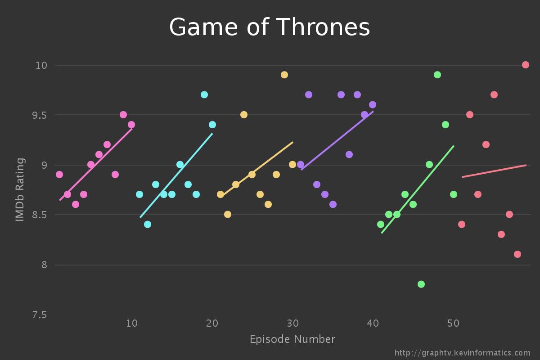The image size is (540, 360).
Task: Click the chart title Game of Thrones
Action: point(270,27)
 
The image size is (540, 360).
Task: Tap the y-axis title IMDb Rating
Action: point(20,189)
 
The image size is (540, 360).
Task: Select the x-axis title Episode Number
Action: point(292,339)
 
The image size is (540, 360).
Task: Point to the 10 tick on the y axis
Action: point(41,65)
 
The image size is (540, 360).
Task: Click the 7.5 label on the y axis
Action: point(39,315)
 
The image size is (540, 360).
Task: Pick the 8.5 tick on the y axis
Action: point(39,215)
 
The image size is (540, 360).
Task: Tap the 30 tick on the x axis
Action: point(292,323)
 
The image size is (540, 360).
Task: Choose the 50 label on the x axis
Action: point(454,323)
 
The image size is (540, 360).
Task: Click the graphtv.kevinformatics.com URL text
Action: point(463,353)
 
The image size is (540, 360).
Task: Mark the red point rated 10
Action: point(526,65)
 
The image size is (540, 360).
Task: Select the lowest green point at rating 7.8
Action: point(421,284)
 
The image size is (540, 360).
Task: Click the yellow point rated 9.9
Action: point(284,75)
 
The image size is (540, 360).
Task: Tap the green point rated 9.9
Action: point(437,75)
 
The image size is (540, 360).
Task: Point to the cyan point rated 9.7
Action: point(204,94)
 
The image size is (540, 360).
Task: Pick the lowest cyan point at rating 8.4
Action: point(148,224)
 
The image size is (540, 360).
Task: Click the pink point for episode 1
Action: point(59,175)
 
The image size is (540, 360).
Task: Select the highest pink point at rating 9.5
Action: point(123,115)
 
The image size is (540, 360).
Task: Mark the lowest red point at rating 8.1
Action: point(517,254)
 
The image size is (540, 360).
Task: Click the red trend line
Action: point(494,171)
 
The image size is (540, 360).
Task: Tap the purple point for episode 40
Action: point(373,105)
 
